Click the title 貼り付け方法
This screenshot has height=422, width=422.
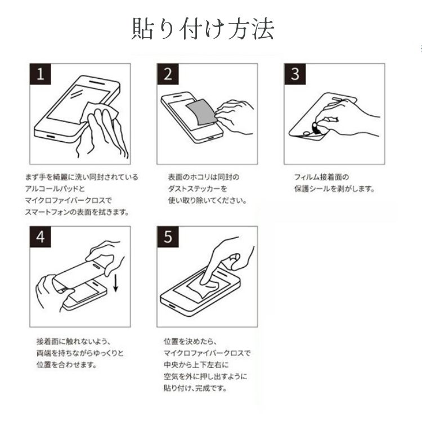203,29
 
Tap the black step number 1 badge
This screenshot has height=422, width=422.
41,74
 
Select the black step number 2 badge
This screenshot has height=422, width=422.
168,74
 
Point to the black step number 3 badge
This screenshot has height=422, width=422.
295,74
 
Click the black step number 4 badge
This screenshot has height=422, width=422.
41,237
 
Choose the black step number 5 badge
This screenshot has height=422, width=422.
168,237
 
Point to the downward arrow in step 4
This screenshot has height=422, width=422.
116,282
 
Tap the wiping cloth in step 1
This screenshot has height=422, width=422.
99,113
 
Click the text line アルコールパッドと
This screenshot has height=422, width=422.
55,188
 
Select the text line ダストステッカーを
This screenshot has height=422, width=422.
197,188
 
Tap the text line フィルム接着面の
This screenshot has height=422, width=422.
322,177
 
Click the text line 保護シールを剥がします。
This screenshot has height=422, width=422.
335,188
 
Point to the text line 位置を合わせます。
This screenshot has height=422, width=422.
67,365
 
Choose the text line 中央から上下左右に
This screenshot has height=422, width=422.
196,365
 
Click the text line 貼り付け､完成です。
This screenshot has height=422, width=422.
195,388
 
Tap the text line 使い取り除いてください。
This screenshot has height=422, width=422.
208,200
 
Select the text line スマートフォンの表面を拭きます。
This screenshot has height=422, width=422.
77,212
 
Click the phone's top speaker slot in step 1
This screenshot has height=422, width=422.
97,82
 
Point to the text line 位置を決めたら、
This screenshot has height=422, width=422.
190,342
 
